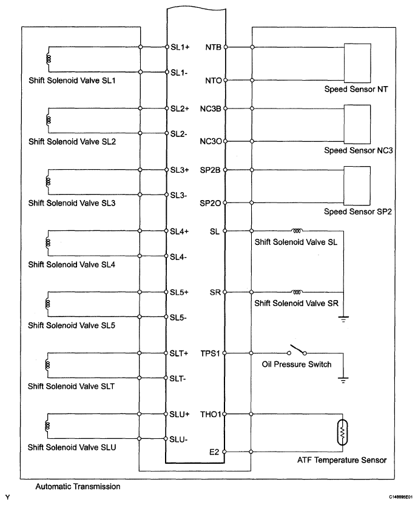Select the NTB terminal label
214,47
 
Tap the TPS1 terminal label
213,353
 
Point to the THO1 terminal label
213,415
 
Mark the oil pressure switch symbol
297,351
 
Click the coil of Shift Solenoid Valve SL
297,230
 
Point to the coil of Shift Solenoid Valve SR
297,291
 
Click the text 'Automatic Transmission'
78,486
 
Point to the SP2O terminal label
212,203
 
